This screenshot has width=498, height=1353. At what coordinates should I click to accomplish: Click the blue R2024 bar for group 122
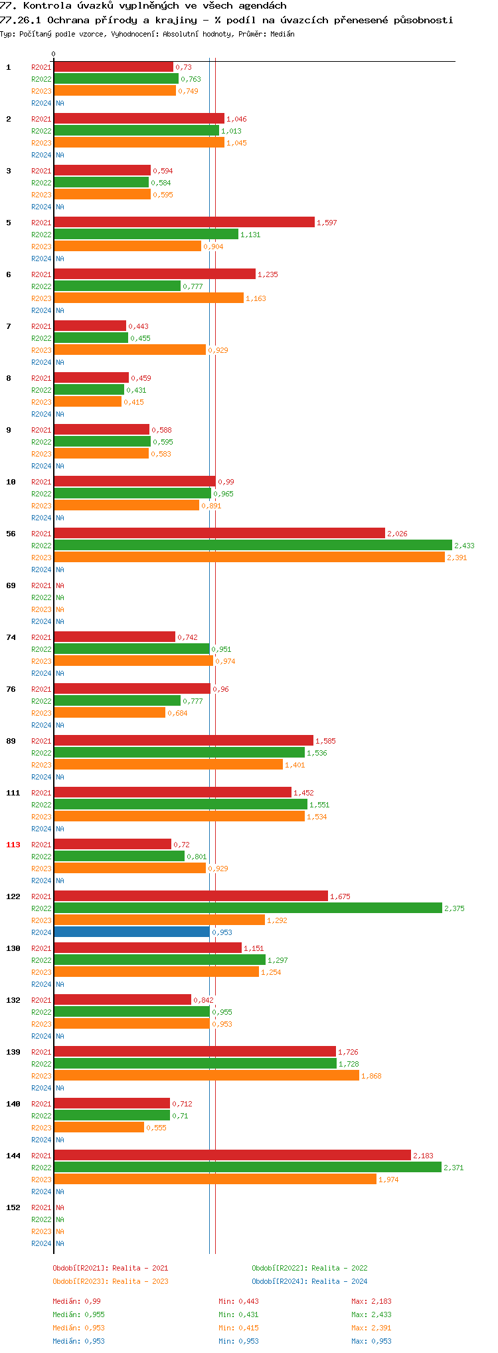click(x=131, y=932)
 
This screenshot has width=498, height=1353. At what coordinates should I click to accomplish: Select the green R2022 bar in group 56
click(x=252, y=545)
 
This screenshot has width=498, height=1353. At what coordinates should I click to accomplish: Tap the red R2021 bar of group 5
click(x=184, y=222)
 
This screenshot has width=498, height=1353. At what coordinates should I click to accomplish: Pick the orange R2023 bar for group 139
click(x=206, y=1075)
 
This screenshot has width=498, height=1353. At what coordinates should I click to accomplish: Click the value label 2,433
click(x=464, y=546)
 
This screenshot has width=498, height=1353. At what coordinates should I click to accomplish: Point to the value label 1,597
click(x=327, y=223)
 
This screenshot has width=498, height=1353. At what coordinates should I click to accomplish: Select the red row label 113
click(x=13, y=845)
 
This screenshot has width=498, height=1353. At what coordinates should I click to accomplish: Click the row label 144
click(x=13, y=1156)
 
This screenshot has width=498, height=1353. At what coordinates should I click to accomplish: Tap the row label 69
click(x=11, y=585)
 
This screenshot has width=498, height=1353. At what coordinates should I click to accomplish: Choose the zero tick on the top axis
click(x=54, y=54)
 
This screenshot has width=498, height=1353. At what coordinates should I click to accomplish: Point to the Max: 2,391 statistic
click(x=371, y=1328)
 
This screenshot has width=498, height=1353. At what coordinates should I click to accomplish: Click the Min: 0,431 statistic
click(x=238, y=1314)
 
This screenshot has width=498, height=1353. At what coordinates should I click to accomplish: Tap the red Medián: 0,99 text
click(x=76, y=1301)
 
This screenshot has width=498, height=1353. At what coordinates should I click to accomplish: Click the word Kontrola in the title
click(x=47, y=5)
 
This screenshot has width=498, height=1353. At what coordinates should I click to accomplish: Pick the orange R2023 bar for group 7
click(x=129, y=350)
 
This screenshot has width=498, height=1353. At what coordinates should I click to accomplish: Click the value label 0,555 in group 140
click(x=156, y=1128)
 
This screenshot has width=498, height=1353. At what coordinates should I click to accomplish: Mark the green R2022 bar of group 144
click(x=247, y=1167)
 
